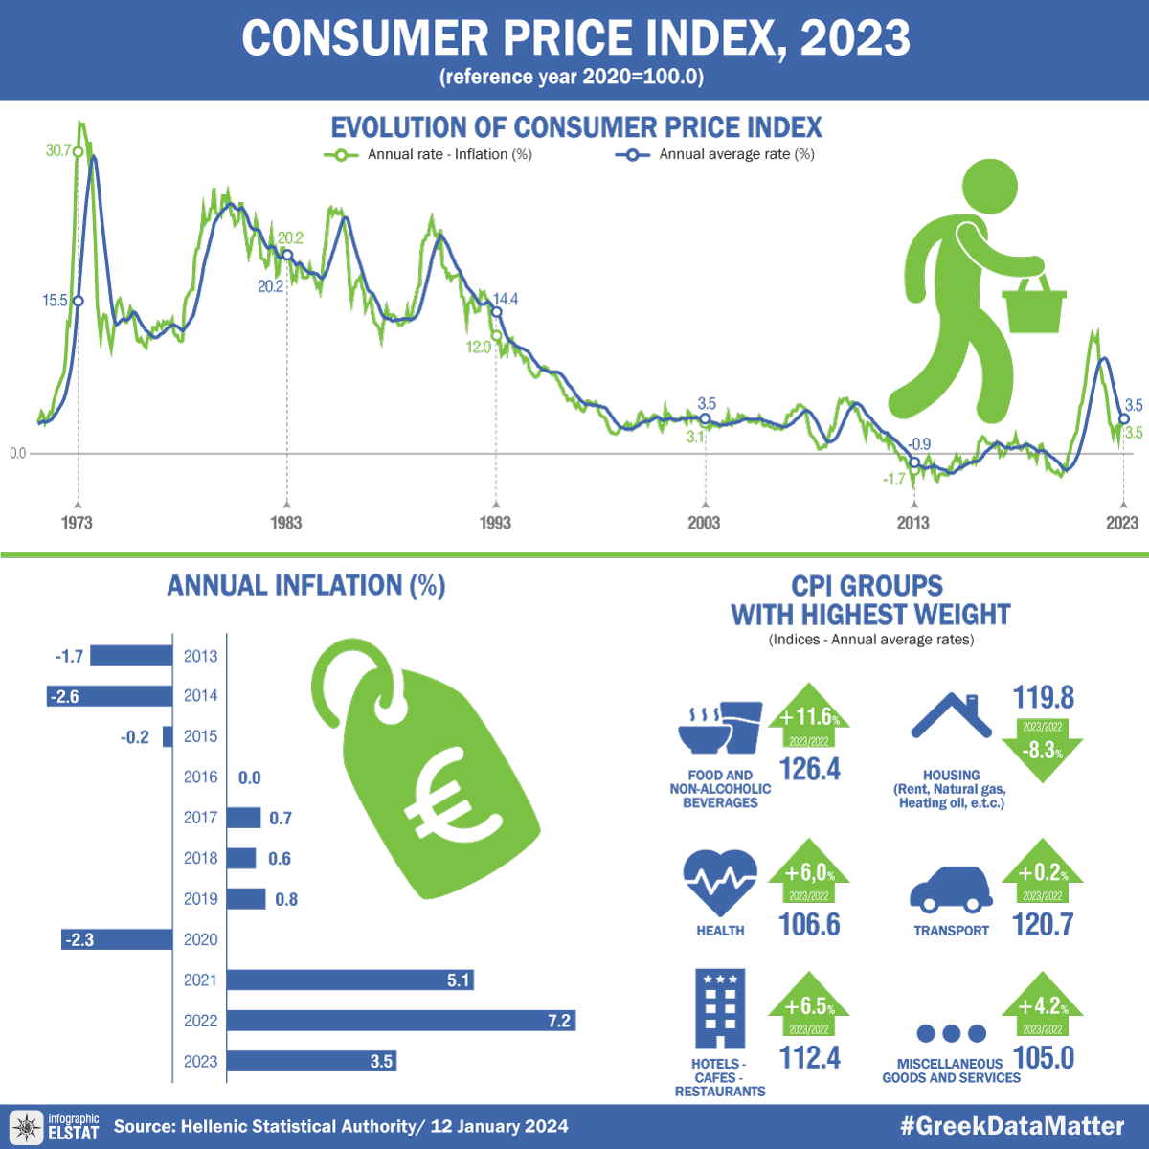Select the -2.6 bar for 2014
pos(109,696)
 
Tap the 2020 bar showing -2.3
pos(117,939)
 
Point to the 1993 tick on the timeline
pos(495,505)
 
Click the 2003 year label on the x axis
pos(704,523)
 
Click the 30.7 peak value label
pos(57,150)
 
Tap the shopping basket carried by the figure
pos(1033,306)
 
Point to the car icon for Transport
pos(951,890)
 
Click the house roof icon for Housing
pos(951,715)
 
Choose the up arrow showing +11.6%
pos(809,718)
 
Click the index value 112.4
pos(810,1058)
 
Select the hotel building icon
pos(720,1008)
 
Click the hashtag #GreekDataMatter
pos(1012,1126)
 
